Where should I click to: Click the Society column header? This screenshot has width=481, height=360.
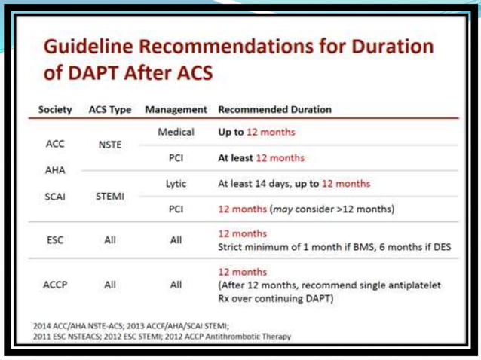[x=55, y=109]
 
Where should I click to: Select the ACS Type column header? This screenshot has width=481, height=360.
[x=110, y=109]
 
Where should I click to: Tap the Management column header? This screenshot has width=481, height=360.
[x=176, y=109]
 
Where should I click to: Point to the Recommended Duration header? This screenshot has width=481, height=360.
[x=274, y=109]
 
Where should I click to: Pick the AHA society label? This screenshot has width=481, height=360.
[x=54, y=171]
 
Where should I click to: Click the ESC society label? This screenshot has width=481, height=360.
[x=54, y=240]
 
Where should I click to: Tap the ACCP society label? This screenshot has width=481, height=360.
[x=54, y=285]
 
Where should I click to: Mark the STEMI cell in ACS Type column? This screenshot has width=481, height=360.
[x=110, y=195]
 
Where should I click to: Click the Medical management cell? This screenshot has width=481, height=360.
[x=176, y=133]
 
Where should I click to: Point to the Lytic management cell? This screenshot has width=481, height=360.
[x=176, y=183]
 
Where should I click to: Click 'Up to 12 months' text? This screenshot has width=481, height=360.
[x=256, y=133]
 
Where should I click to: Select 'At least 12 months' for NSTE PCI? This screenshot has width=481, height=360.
[x=261, y=158]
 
